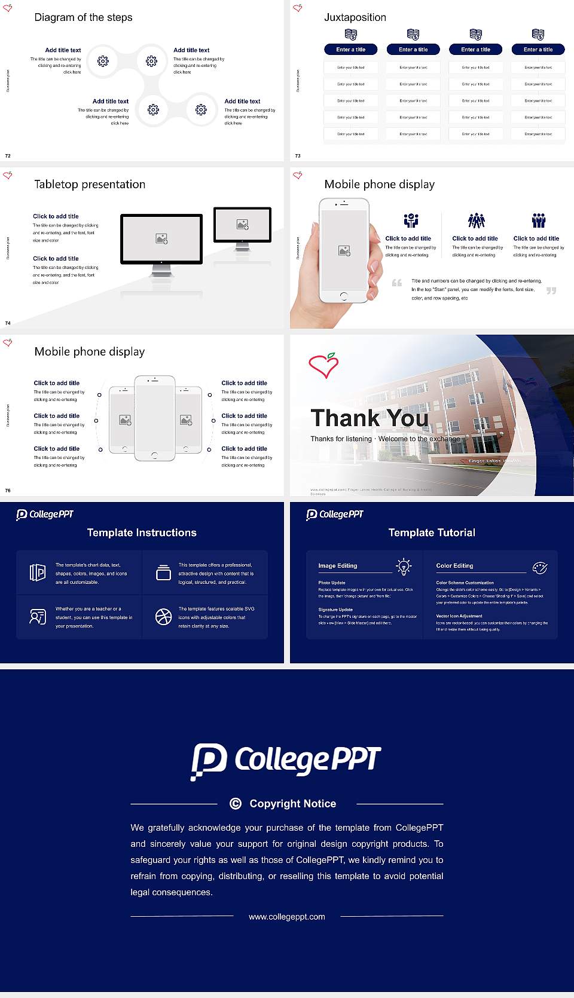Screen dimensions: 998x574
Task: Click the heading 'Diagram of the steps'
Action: pos(83,17)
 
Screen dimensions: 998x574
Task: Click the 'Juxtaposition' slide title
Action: pos(355,17)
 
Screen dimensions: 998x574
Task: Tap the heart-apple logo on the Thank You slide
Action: pos(323,365)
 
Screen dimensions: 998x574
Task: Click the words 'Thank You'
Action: pos(369,418)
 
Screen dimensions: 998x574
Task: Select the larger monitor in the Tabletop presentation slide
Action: pos(161,239)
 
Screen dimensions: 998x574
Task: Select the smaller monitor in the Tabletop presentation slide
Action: pos(242,225)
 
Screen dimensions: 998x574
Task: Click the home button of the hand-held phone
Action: pos(343,296)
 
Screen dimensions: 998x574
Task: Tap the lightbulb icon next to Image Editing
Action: pos(404,567)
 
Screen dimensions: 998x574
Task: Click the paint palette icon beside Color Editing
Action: pos(539,567)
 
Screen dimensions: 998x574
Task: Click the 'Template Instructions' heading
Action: pos(142,532)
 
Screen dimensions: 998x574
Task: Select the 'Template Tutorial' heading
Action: pos(432,532)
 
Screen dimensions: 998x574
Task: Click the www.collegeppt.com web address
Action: pos(287,917)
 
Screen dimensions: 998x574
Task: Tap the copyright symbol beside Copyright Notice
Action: pos(236,804)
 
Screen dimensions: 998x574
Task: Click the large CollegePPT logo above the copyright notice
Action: pos(286,761)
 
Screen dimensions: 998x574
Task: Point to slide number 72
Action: pos(8,155)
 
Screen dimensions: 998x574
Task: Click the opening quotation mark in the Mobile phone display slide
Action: pos(396,283)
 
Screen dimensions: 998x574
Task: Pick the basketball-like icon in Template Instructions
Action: pos(163,617)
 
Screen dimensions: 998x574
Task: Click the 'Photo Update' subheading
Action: pos(332,583)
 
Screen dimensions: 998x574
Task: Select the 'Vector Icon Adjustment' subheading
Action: pos(459,616)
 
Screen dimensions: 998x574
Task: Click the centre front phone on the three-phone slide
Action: pos(154,418)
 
